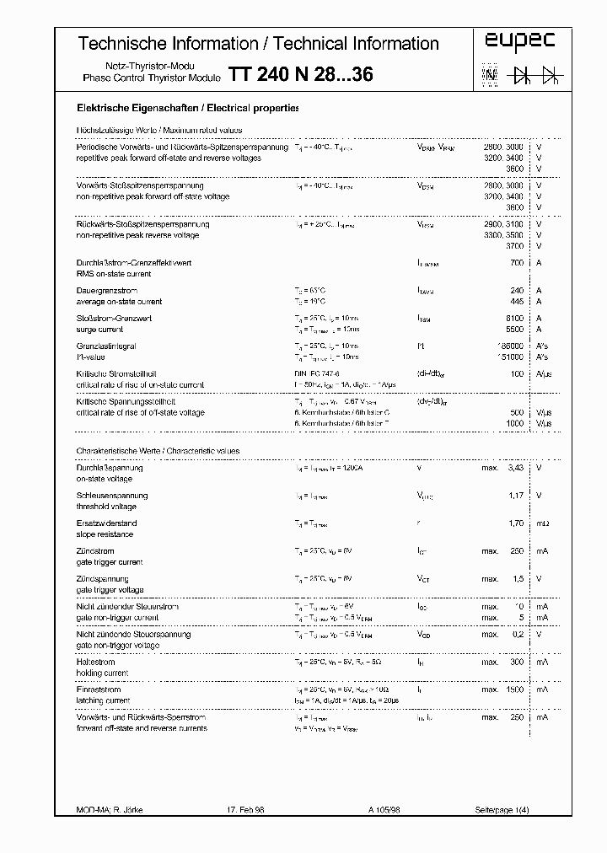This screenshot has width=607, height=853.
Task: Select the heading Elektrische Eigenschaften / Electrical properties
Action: pos(186,109)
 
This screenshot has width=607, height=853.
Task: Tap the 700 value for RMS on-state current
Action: pos(516,263)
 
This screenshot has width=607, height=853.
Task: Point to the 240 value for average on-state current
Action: pos(516,291)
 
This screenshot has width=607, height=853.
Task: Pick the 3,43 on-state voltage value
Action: pos(513,468)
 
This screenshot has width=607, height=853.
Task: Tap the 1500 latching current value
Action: pos(512,689)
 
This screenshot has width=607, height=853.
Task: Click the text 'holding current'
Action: pos(102,673)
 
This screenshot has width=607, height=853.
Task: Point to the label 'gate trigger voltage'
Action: pos(110,590)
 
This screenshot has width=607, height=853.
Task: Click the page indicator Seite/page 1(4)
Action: pos(502,810)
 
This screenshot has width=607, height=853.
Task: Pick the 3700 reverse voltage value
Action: pos(513,246)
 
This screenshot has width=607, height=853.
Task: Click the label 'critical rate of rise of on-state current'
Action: pos(140,385)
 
